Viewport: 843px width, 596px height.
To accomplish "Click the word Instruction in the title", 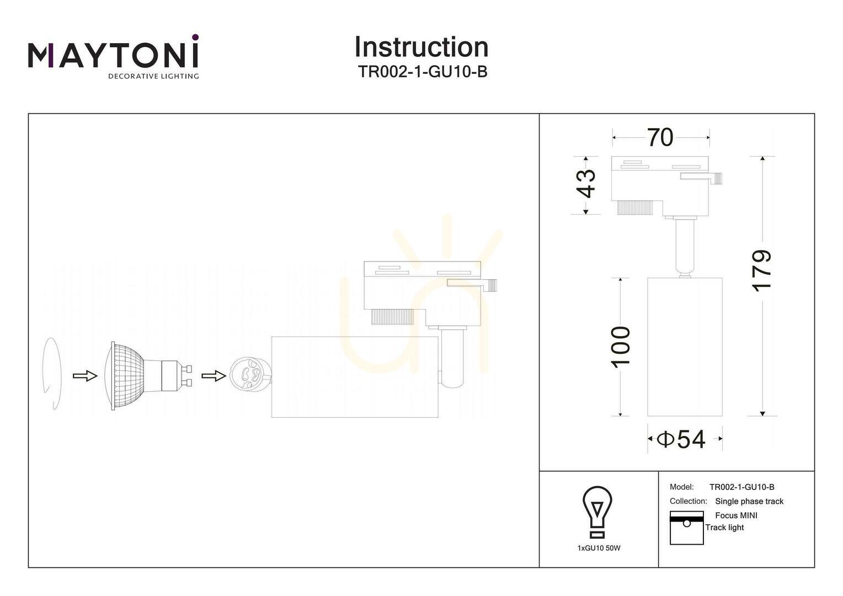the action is coord(421,47).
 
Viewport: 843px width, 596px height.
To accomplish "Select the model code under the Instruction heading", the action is coord(422,72).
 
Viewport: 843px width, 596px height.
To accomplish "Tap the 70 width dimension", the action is coord(660,137).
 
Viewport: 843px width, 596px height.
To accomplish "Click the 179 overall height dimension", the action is coord(761,271).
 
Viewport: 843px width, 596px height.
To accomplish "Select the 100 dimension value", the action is coord(620,347).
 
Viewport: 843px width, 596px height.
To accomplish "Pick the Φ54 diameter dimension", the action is coord(681,439).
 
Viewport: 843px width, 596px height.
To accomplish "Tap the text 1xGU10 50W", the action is coord(599,548).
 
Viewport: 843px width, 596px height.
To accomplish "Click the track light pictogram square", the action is coord(686,528).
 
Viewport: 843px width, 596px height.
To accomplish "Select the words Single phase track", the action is coord(749,502).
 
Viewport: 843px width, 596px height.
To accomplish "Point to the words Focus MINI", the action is coord(736,515).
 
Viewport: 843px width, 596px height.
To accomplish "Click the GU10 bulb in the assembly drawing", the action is coord(148,376).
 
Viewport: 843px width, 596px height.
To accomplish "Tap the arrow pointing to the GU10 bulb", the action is coord(85,375).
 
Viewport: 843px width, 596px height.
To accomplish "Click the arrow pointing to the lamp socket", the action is coord(214,376).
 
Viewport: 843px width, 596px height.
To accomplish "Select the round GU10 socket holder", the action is coord(250,376).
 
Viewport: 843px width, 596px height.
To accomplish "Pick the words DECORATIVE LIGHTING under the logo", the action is coord(153,76).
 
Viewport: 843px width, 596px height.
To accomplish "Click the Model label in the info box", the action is coord(681,487).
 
